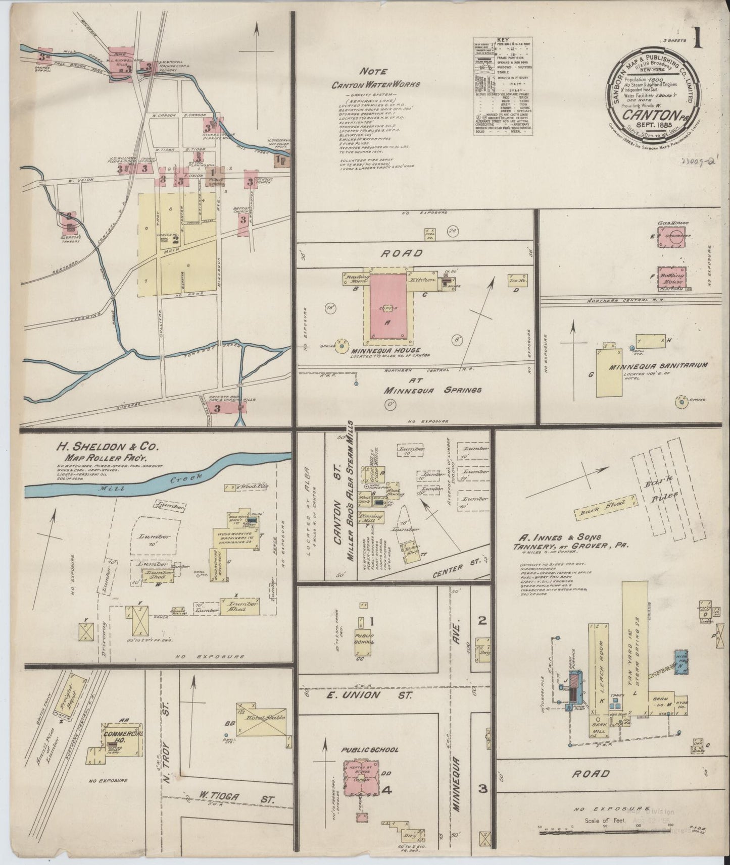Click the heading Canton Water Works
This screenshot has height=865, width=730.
coord(375,85)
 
